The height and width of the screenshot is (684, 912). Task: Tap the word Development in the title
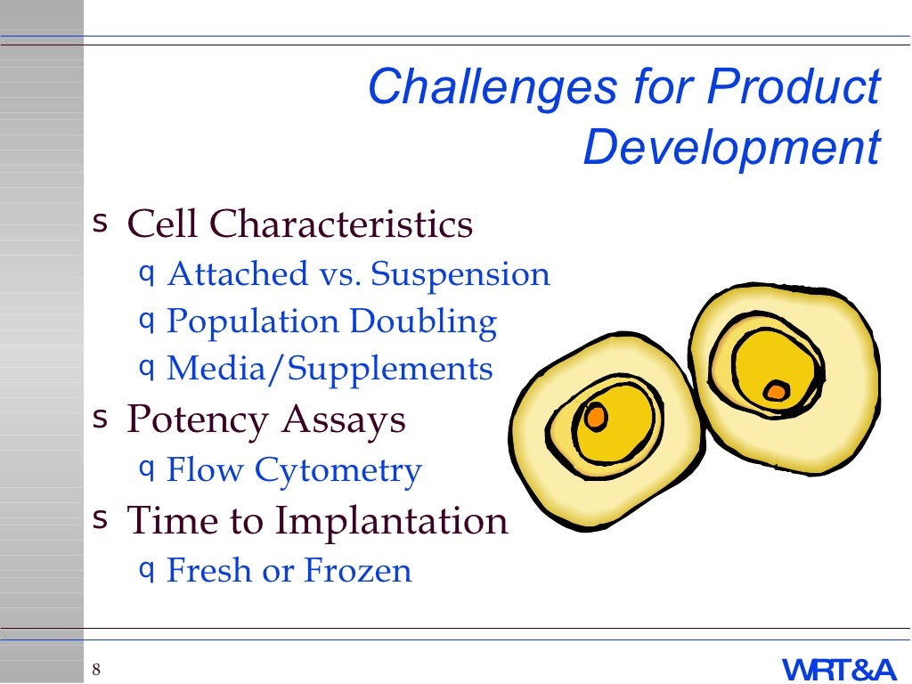(731, 148)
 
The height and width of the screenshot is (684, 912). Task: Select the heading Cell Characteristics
(300, 224)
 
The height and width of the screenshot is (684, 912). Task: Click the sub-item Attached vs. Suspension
(358, 274)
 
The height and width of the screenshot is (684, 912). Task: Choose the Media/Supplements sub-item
(330, 369)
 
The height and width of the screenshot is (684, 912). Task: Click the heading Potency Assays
(266, 419)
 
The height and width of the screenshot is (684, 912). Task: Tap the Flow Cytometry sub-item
(294, 470)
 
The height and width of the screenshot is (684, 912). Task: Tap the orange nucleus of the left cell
(595, 416)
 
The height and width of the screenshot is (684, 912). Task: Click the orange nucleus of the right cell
(776, 390)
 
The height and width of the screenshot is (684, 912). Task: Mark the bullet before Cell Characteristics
(101, 221)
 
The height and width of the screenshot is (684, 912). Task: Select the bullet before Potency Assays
(101, 417)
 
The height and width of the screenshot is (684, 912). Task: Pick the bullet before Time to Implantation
(101, 517)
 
